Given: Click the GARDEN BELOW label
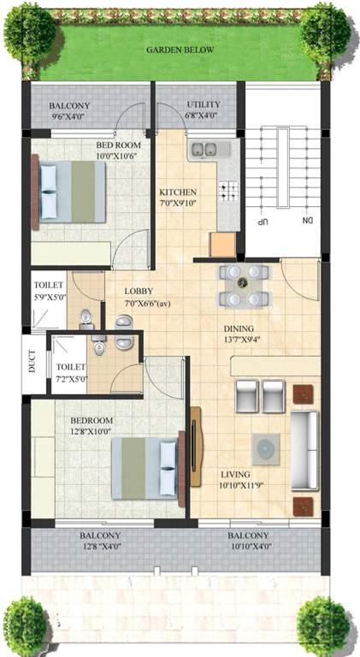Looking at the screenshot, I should pyautogui.click(x=180, y=50).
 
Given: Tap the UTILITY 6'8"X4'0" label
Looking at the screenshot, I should pyautogui.click(x=203, y=109).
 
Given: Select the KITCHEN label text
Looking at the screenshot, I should pyautogui.click(x=179, y=198).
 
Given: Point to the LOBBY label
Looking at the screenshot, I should pyautogui.click(x=140, y=297).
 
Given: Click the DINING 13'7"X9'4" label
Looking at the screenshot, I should pyautogui.click(x=263, y=333).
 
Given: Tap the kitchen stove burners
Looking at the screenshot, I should pyautogui.click(x=228, y=192).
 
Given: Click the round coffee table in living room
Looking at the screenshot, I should pyautogui.click(x=266, y=447).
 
